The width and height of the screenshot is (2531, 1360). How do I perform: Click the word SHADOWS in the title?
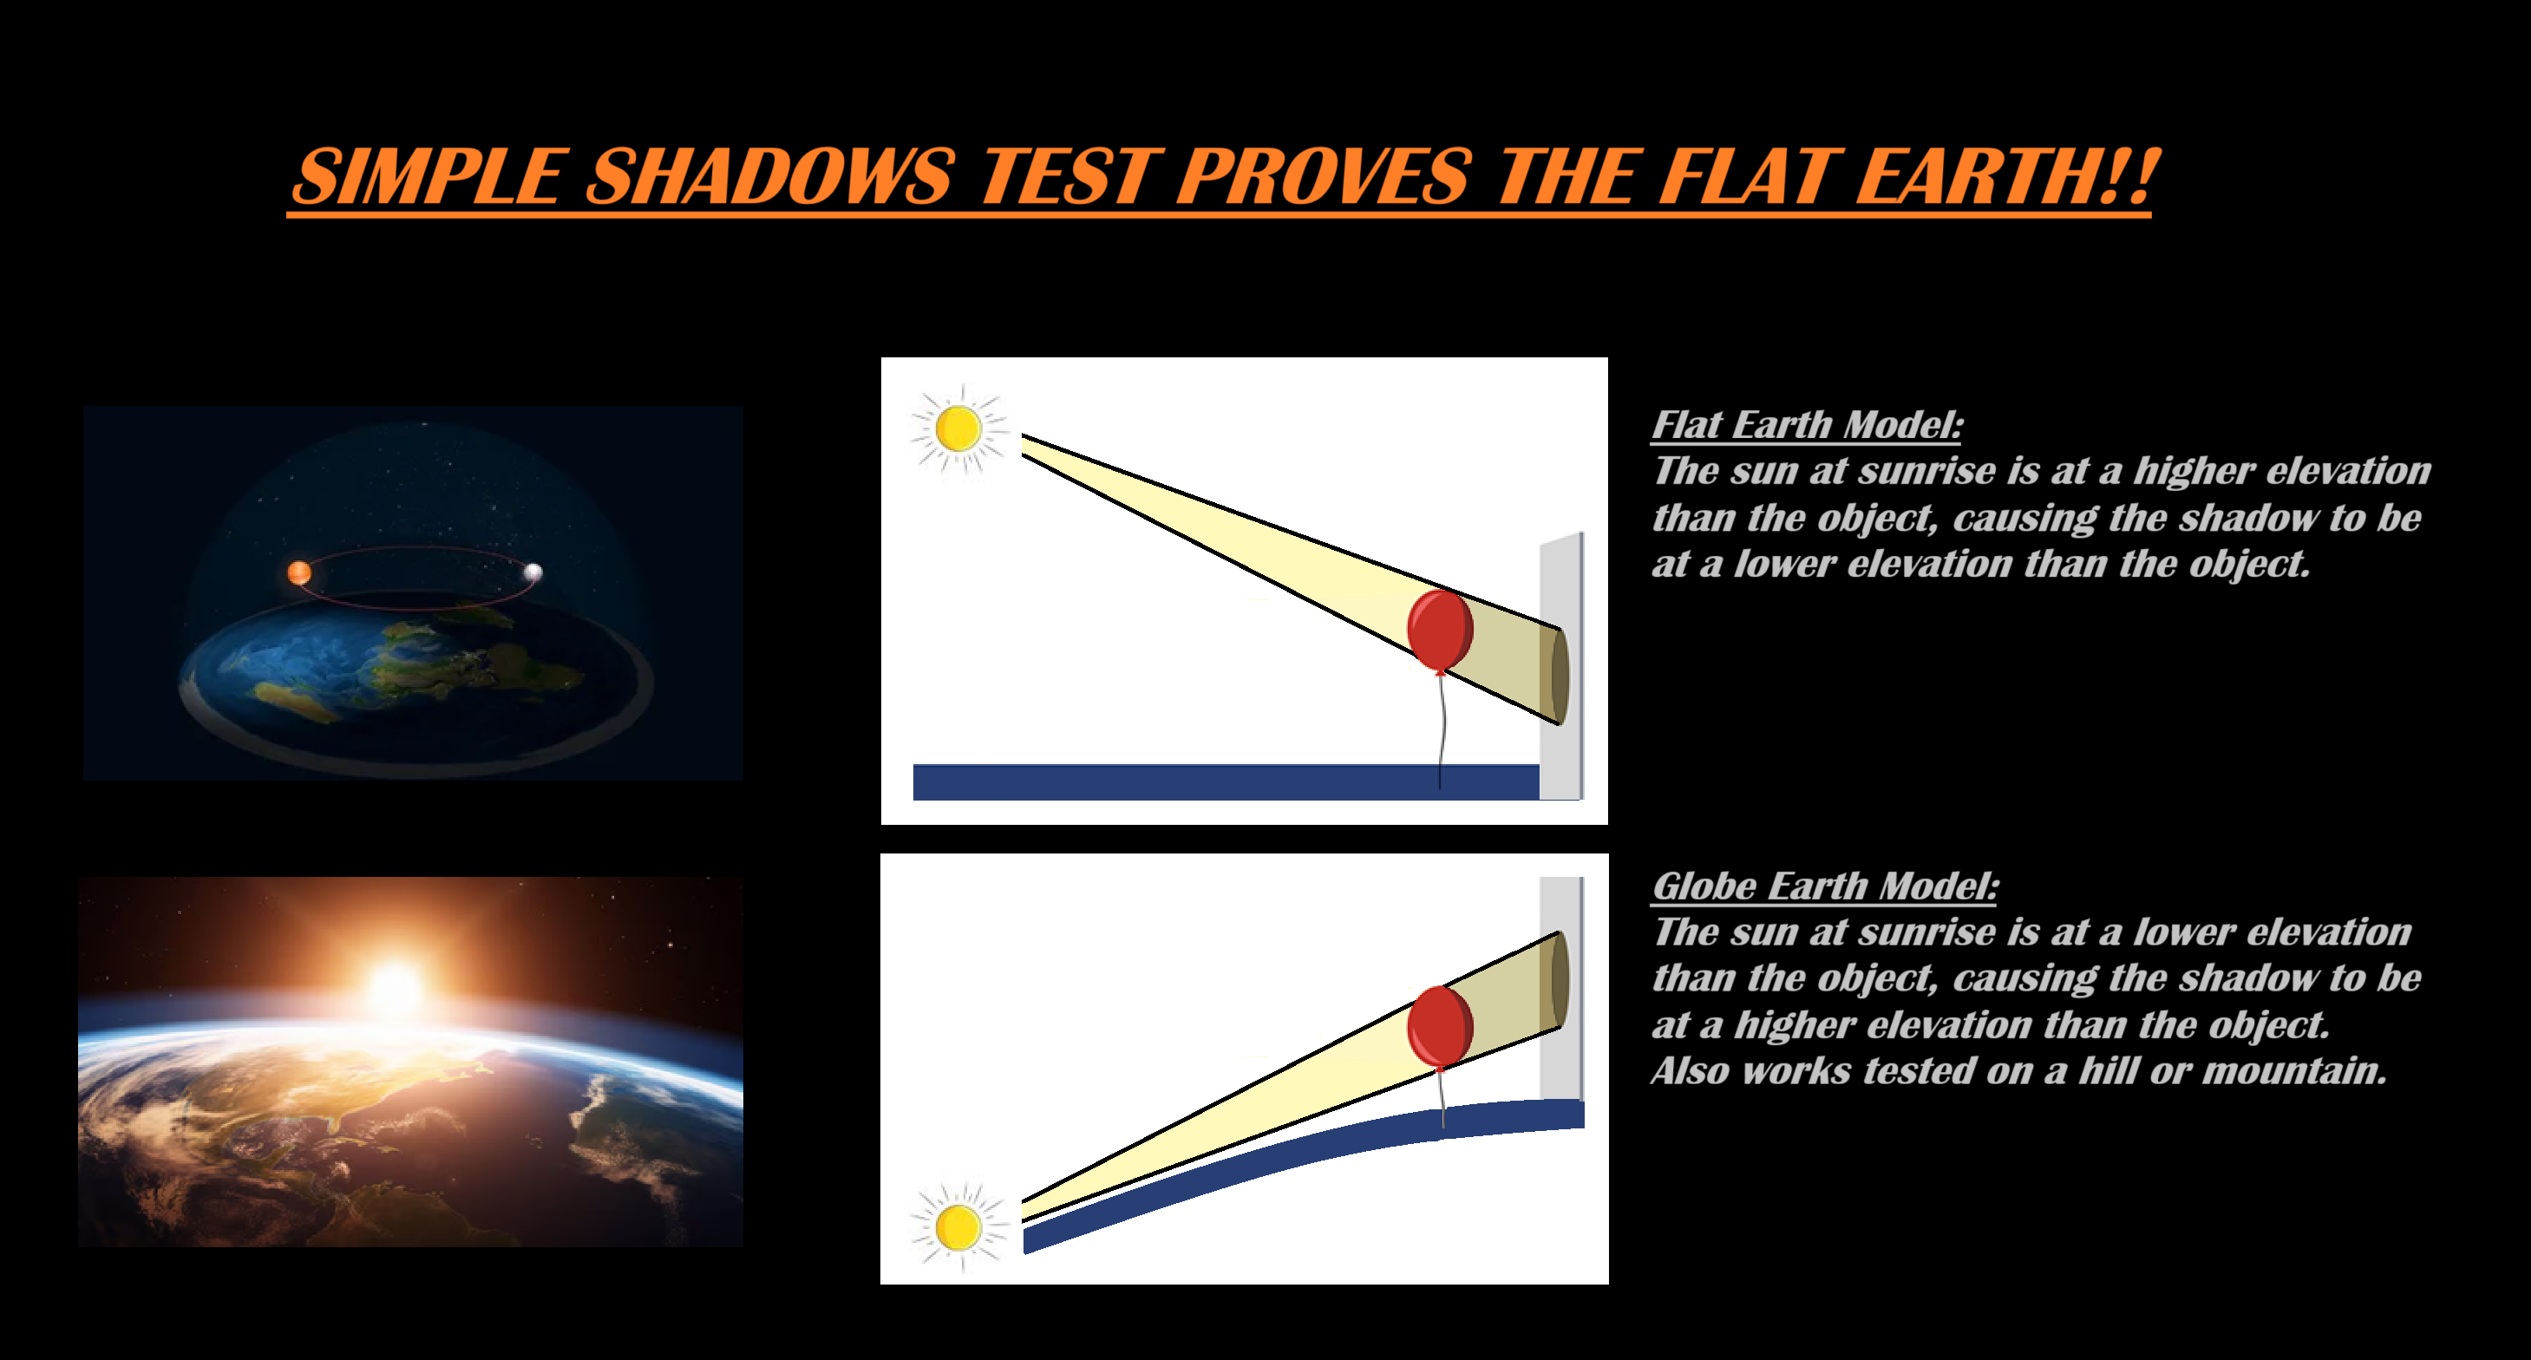pos(770,177)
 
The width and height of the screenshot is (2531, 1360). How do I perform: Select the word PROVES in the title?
pos(1324,177)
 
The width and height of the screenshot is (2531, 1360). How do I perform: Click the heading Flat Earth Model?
pos(1807,424)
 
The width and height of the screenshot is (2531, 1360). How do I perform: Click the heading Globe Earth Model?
pos(1825,886)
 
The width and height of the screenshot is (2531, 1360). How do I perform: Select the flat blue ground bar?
pos(1226,782)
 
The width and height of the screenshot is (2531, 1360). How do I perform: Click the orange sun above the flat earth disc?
pos(299,572)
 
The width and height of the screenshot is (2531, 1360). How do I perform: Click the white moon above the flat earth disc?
pos(533,572)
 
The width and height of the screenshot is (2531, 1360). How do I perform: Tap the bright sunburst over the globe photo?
pos(397,988)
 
